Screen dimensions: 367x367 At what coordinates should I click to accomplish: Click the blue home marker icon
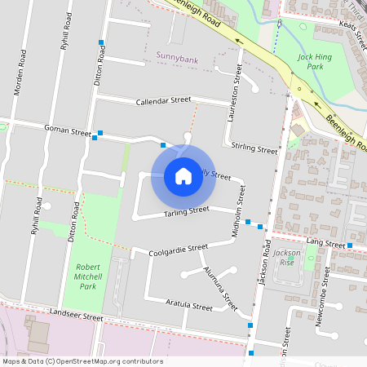pyautogui.click(x=183, y=175)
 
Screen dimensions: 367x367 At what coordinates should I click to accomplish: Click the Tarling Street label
pyautogui.click(x=187, y=211)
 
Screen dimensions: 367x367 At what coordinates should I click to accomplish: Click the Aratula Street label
pyautogui.click(x=188, y=307)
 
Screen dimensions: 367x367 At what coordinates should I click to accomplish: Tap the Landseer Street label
pyautogui.click(x=76, y=316)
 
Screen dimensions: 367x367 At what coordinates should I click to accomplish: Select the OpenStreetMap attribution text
pyautogui.click(x=82, y=361)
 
